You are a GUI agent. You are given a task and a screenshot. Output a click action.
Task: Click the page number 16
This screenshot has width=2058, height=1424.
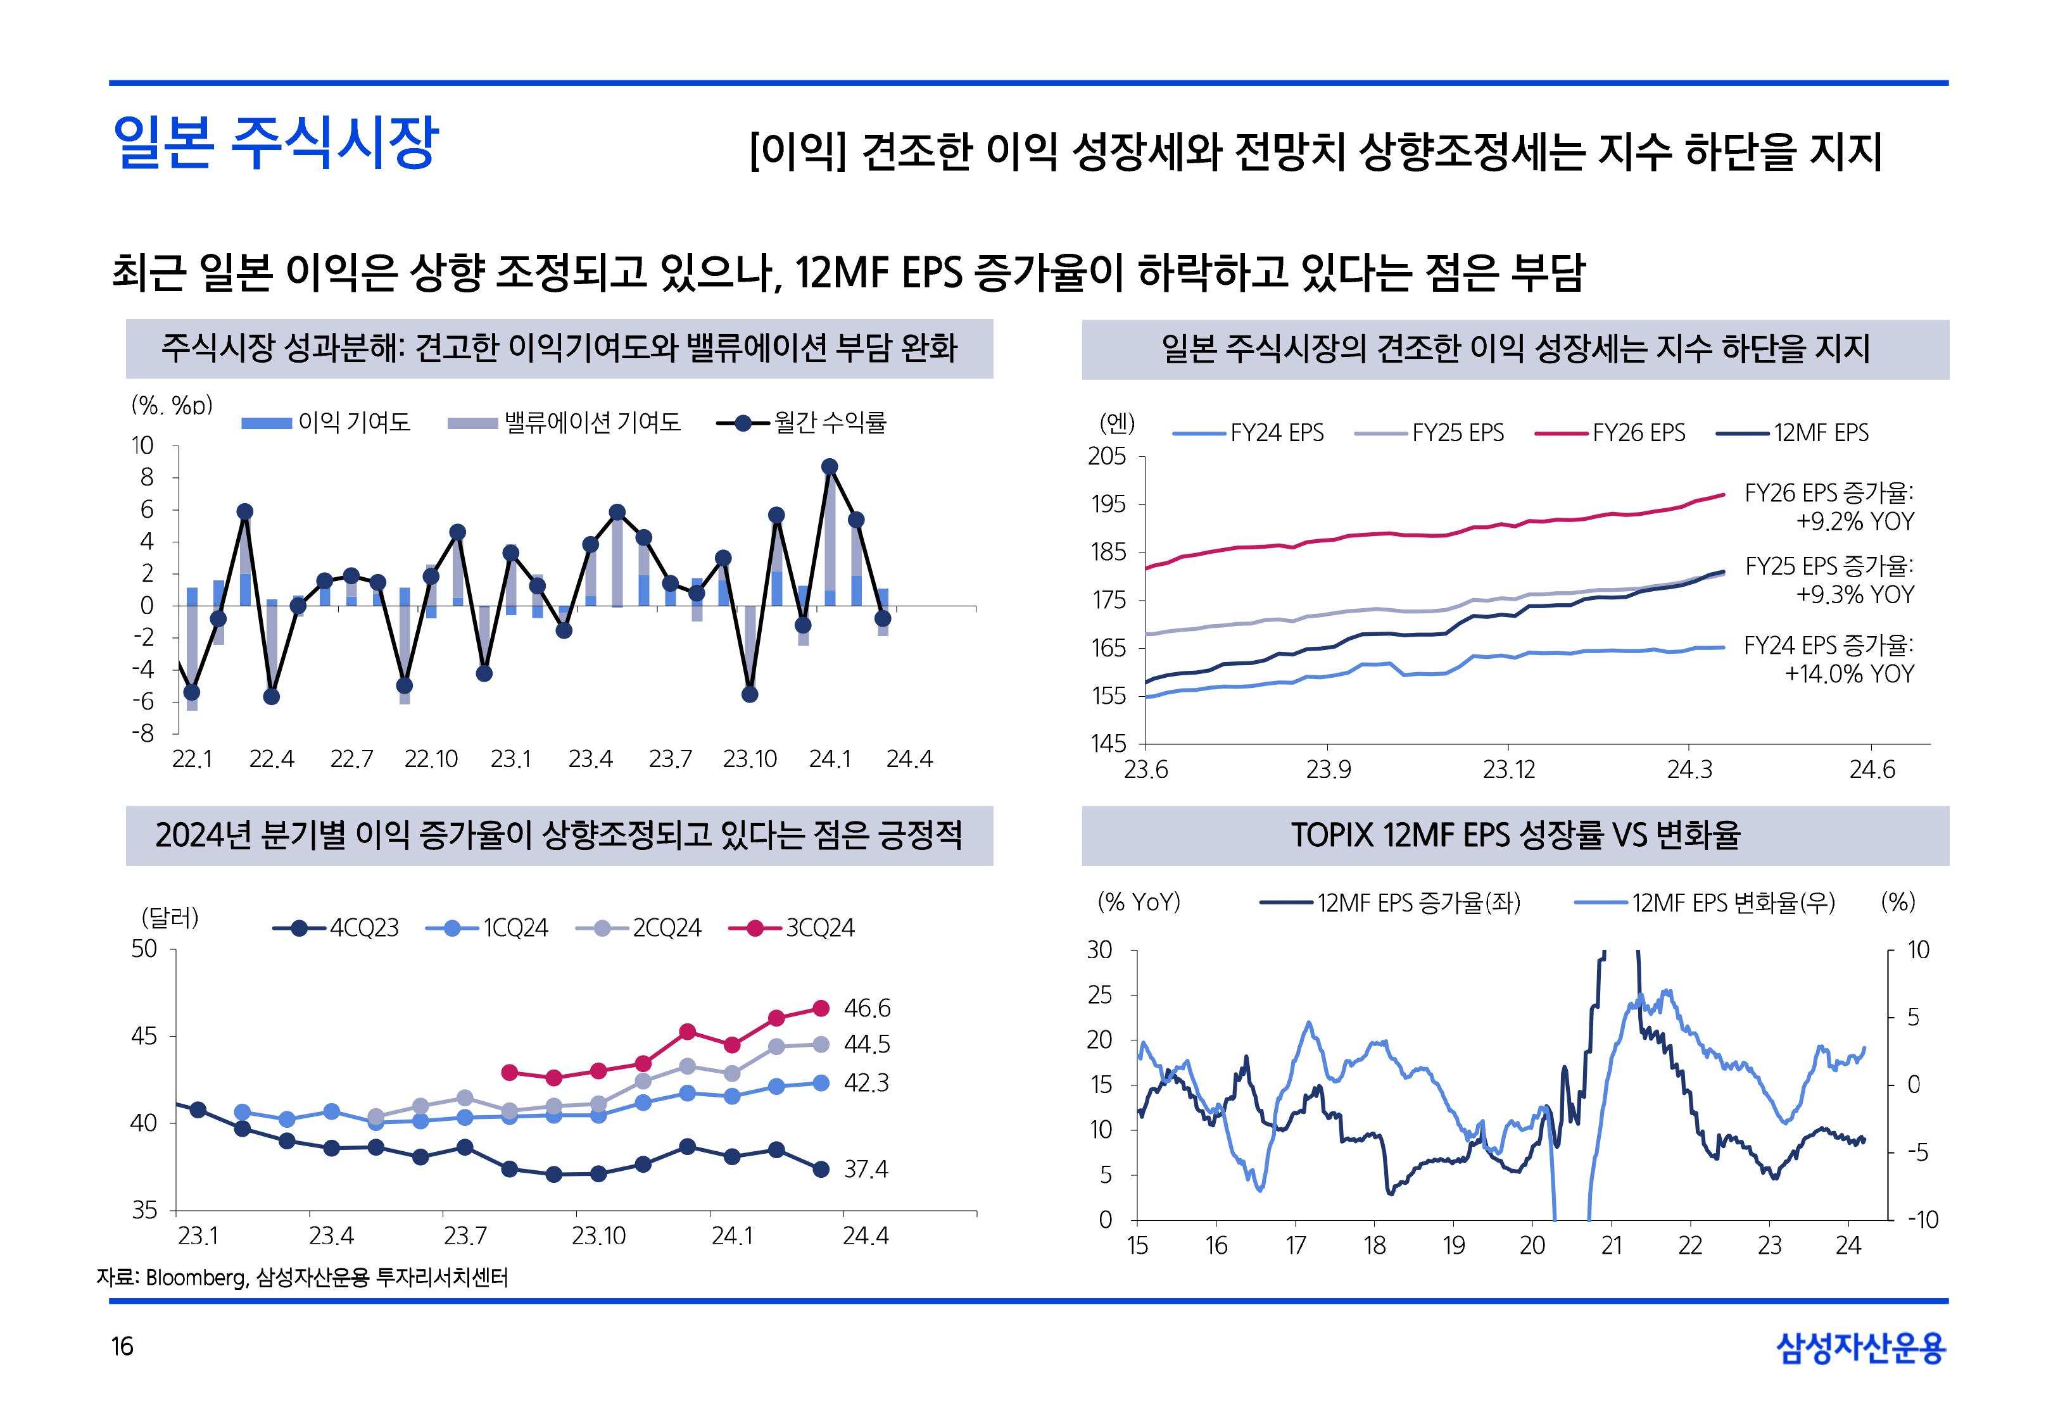click(x=122, y=1346)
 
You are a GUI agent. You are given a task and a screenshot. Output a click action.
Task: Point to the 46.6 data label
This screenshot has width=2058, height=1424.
click(x=866, y=1009)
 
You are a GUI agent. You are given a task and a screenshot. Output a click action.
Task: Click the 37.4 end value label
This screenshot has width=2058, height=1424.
click(x=866, y=1170)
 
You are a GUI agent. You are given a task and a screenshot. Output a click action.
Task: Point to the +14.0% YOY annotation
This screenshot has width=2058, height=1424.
click(x=1849, y=673)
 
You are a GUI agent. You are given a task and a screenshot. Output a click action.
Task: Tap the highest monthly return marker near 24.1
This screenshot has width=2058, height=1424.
click(x=829, y=466)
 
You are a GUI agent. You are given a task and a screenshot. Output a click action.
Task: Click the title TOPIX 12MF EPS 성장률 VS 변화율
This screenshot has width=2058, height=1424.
click(x=1515, y=836)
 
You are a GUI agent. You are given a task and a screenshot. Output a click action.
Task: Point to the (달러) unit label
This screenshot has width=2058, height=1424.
click(x=170, y=917)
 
